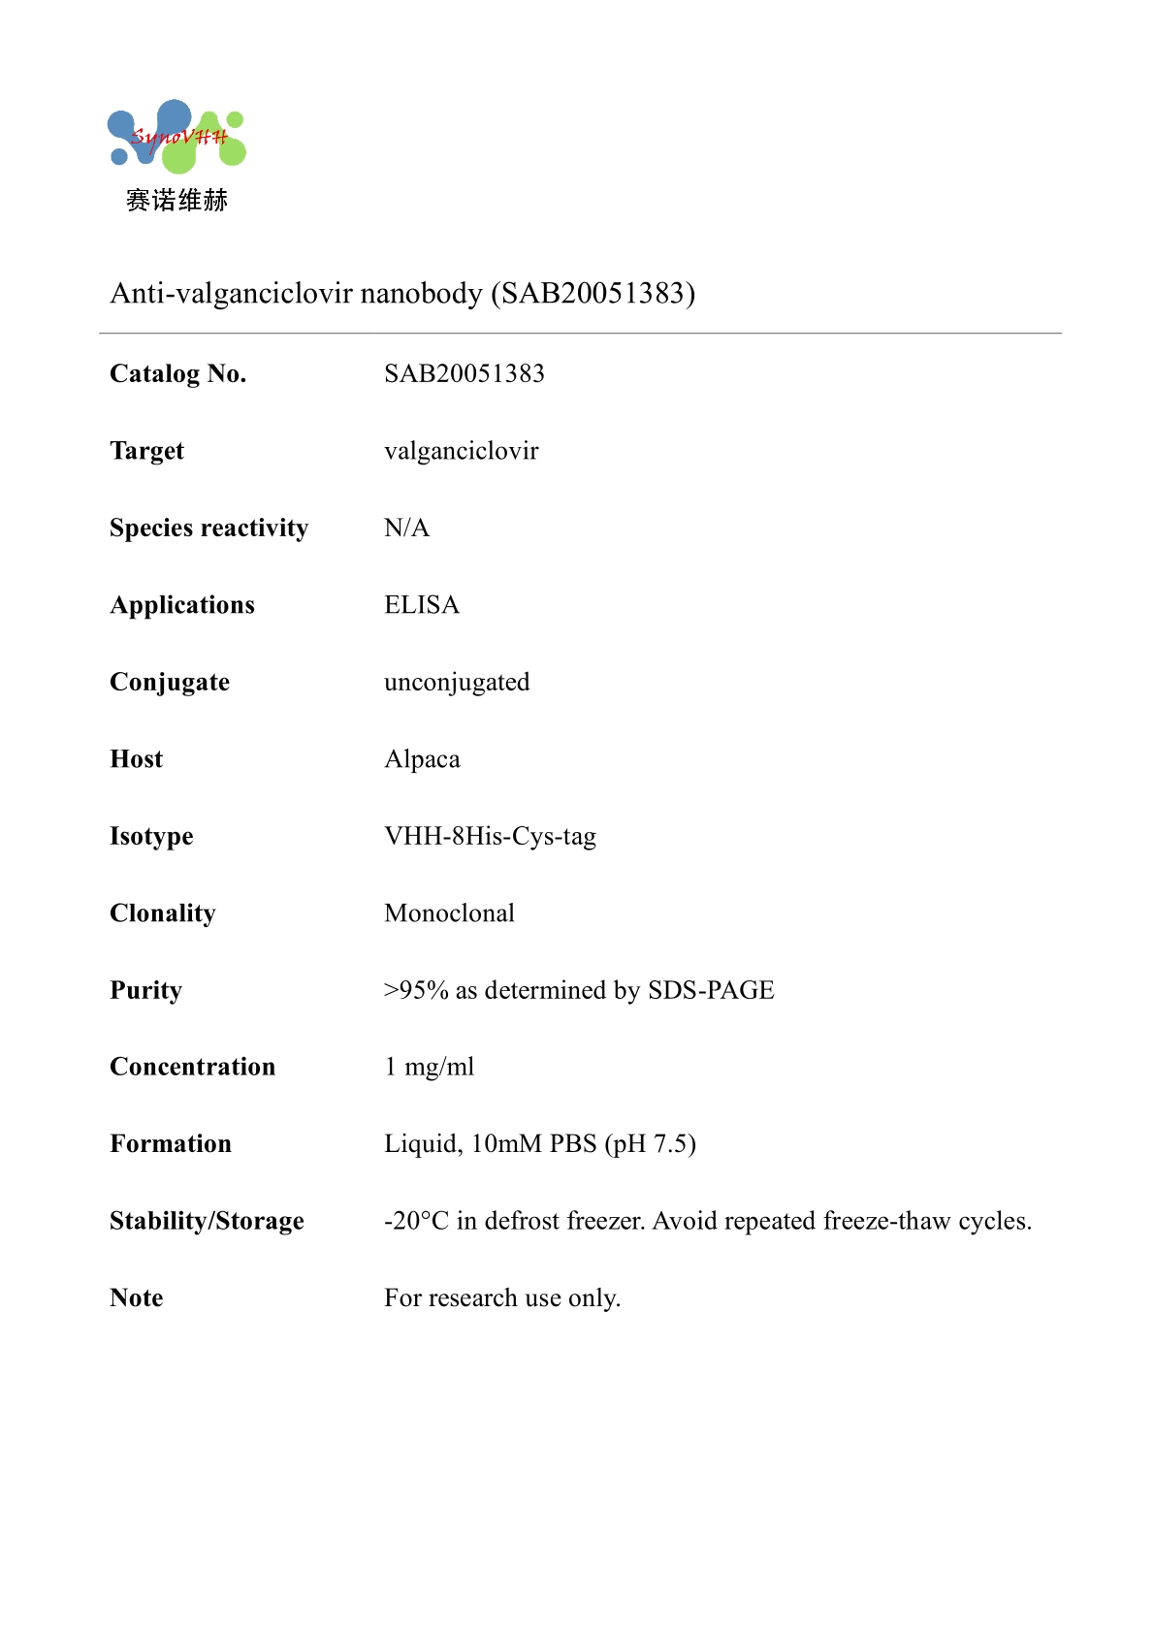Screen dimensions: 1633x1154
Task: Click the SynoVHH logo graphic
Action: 176,137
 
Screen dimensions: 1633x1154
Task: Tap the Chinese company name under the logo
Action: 176,201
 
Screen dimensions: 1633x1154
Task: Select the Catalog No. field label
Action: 178,373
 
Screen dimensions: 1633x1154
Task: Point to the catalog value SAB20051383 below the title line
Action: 464,373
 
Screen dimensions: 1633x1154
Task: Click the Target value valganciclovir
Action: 461,451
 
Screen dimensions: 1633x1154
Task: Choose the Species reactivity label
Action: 208,528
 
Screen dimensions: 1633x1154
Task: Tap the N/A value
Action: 406,528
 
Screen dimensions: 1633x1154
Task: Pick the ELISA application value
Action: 422,605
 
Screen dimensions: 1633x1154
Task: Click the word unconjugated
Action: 457,682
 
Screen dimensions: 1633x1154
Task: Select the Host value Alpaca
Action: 422,759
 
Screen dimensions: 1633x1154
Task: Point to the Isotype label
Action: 151,836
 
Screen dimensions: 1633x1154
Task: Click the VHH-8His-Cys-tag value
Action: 490,836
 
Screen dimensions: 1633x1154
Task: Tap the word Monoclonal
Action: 449,913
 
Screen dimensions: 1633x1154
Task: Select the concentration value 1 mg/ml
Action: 430,1067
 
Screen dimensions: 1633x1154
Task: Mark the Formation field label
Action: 171,1144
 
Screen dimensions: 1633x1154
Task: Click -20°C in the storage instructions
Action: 416,1221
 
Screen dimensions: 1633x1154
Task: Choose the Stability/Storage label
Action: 207,1221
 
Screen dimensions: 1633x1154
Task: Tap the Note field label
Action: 137,1298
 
